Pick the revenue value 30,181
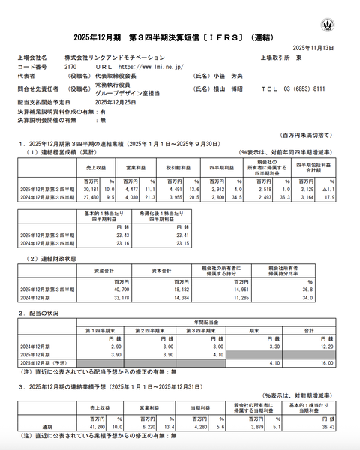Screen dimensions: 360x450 click(93, 190)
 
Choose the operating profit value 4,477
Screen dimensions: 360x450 click(132, 190)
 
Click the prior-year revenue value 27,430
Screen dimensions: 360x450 click(93, 197)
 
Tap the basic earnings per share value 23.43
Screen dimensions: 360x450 click(100, 234)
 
